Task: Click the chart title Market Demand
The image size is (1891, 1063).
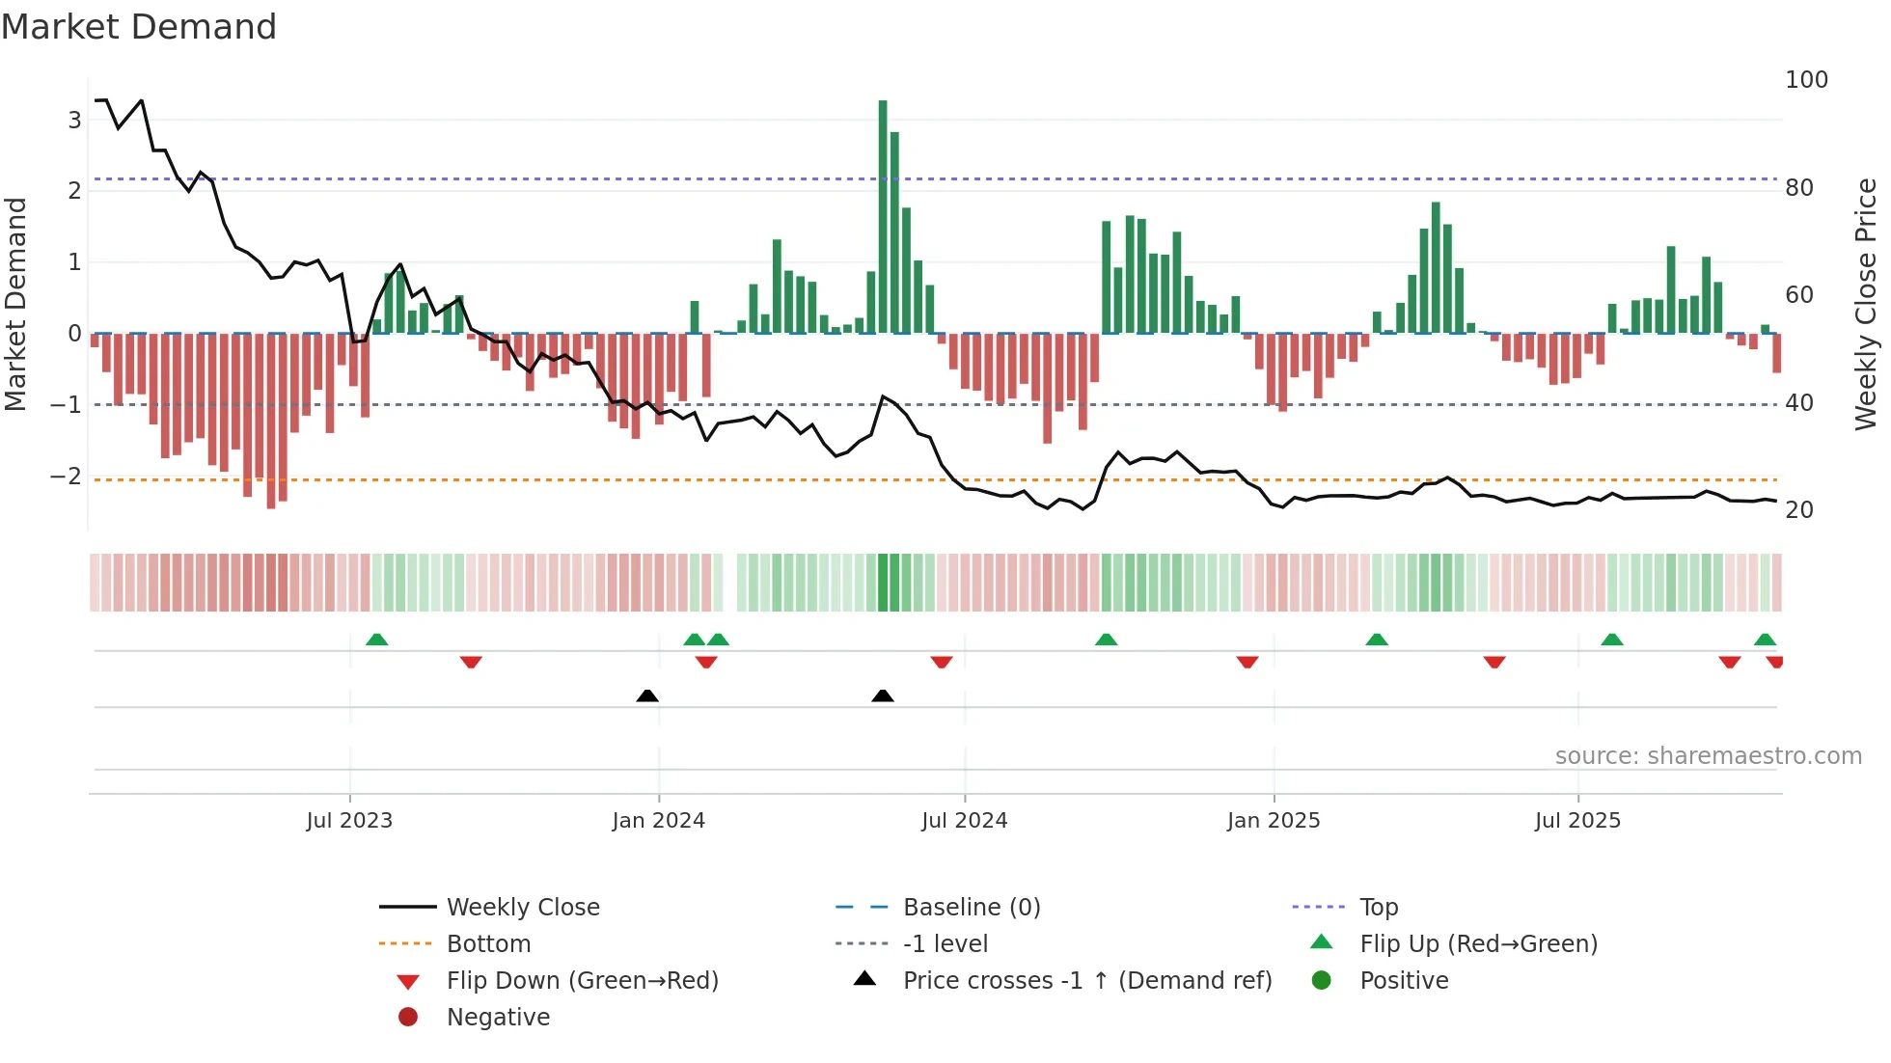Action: [139, 27]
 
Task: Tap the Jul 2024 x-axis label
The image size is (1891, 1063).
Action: [964, 821]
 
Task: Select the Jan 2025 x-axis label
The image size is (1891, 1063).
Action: [1274, 821]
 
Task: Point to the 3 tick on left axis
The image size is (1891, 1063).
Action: [74, 121]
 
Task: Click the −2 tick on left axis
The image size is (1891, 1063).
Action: [67, 477]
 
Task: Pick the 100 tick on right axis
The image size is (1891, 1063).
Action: [1806, 80]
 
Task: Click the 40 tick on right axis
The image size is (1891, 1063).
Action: [1799, 403]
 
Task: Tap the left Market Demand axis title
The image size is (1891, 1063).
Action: [15, 304]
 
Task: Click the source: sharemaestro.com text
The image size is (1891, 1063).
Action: [1708, 756]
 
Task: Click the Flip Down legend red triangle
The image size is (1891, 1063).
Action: [408, 982]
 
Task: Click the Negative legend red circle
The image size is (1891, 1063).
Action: [408, 1018]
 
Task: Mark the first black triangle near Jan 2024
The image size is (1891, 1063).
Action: [647, 695]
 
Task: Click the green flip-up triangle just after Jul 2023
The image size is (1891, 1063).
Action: [377, 640]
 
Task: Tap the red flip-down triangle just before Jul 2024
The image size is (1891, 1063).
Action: [942, 662]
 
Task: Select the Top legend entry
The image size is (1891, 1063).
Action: [1379, 908]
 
